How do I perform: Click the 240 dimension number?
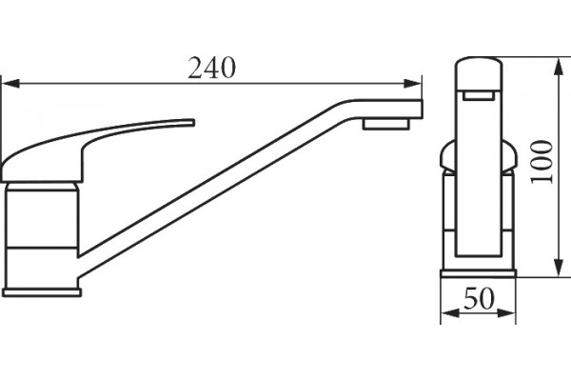(x=211, y=69)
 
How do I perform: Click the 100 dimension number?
(x=541, y=162)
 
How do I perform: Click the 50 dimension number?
(x=480, y=298)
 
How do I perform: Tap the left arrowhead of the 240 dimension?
(x=10, y=84)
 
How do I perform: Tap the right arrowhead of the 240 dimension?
(x=413, y=84)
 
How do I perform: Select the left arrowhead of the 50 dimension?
(x=450, y=312)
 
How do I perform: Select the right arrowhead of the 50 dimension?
(x=506, y=312)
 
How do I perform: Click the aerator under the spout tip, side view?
(x=385, y=124)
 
